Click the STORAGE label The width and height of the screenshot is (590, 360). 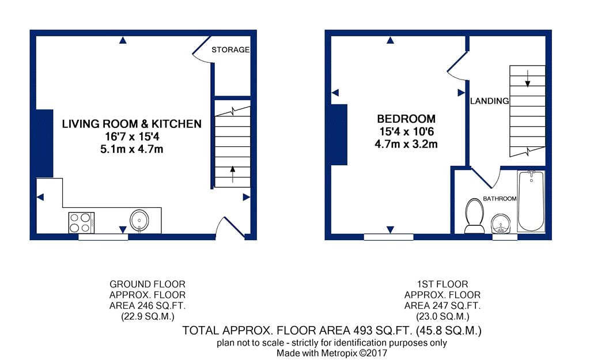click(230, 50)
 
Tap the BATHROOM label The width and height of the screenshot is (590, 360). click(500, 199)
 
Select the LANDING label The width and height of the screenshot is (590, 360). click(490, 101)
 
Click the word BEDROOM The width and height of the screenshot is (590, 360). click(406, 119)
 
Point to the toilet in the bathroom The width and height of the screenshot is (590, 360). click(474, 216)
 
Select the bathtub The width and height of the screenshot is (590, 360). click(531, 201)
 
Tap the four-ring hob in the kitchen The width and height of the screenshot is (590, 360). click(81, 223)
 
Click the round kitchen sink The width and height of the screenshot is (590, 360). click(139, 220)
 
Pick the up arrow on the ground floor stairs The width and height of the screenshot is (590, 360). click(233, 174)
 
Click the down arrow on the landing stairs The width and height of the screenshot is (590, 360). click(528, 78)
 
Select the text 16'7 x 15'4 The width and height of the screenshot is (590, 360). click(132, 137)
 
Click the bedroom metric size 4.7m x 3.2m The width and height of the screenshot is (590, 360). click(406, 144)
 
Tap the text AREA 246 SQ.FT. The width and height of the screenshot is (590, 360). click(147, 305)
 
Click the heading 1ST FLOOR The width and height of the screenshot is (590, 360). click(442, 284)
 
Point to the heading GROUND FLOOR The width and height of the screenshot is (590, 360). click(147, 284)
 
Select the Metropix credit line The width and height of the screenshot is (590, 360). click(332, 353)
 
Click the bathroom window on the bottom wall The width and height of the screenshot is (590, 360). click(505, 237)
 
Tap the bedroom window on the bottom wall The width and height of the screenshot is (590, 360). click(389, 237)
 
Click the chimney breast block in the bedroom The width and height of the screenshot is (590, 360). click(339, 134)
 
